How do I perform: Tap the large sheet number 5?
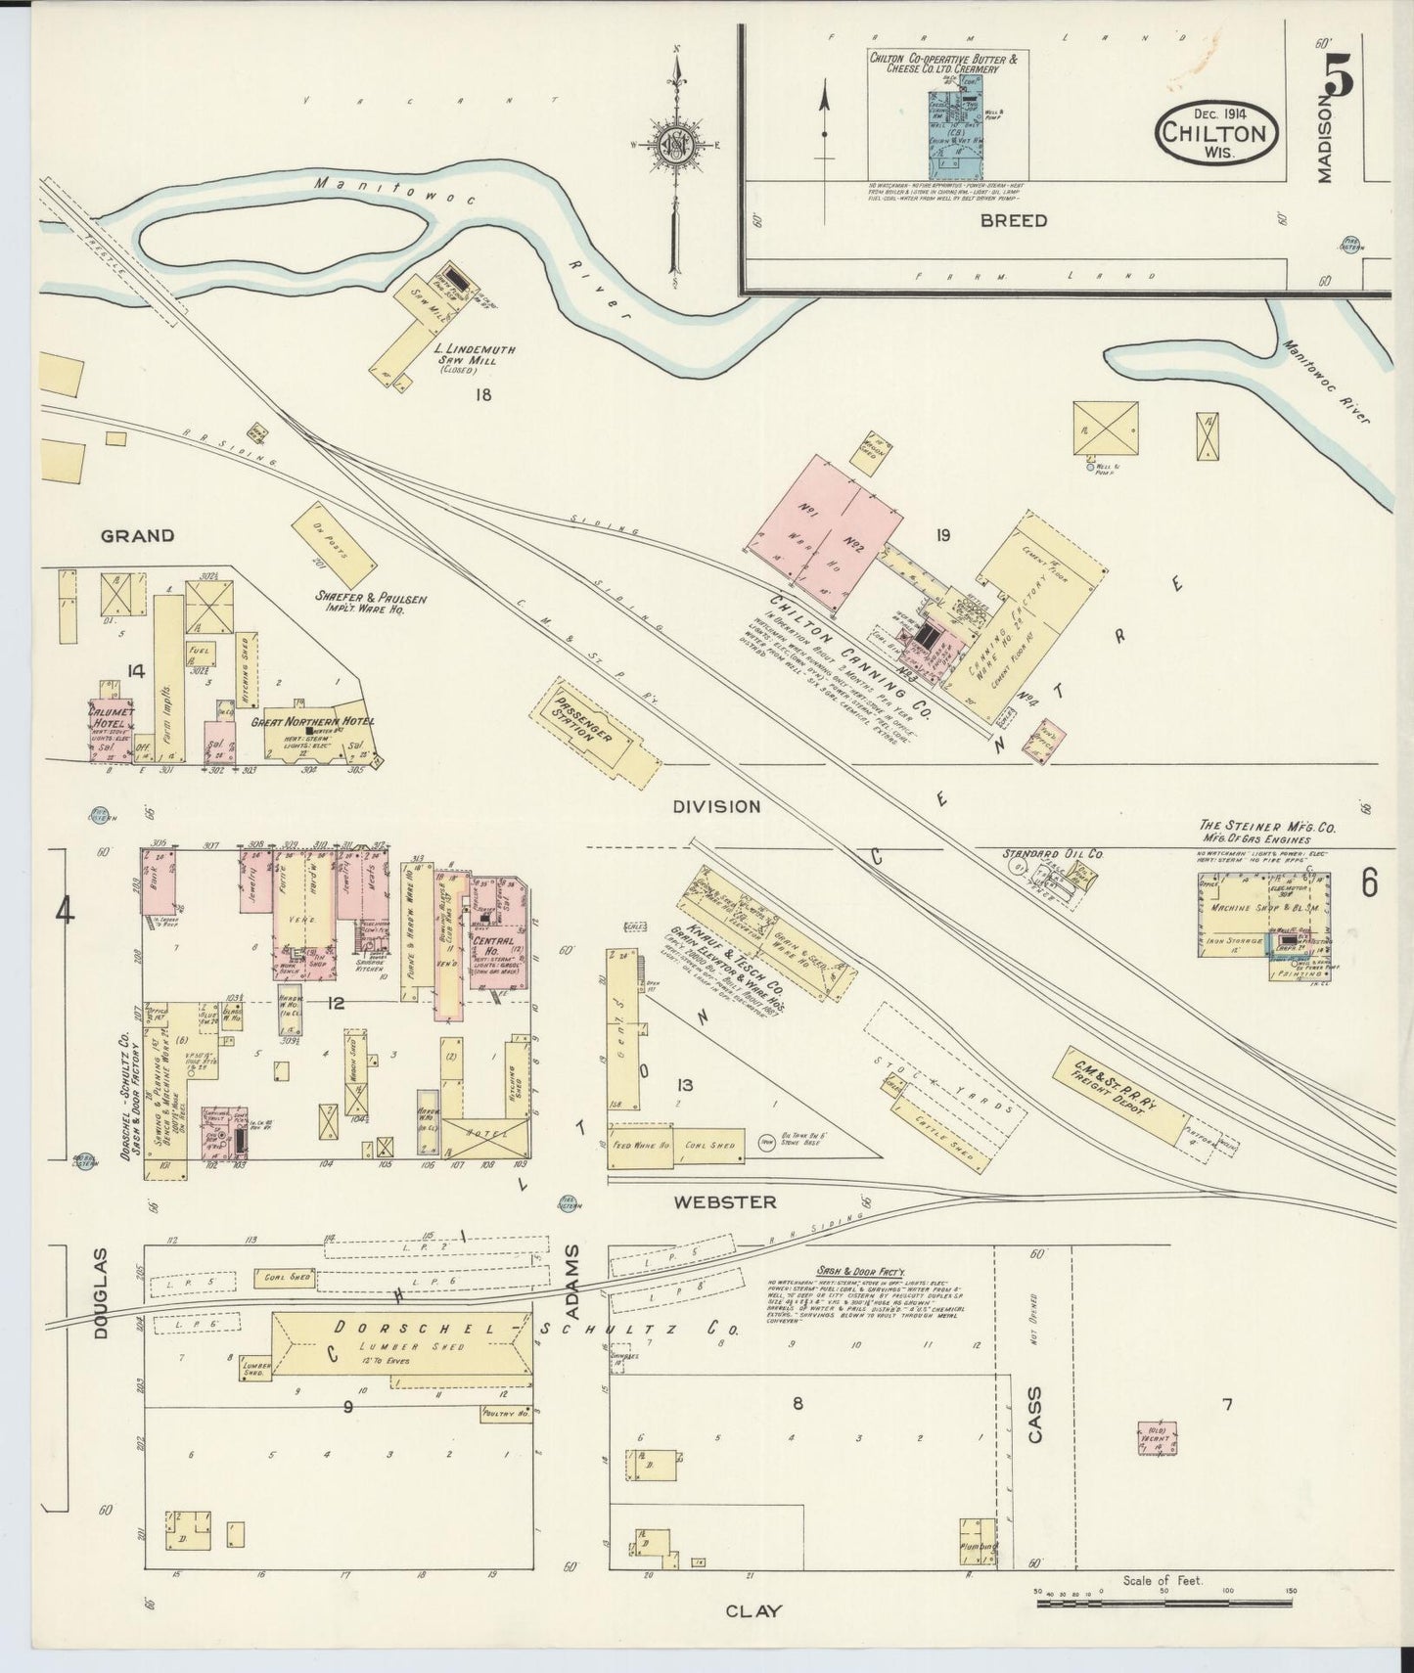click(x=1340, y=76)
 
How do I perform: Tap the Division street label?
click(x=715, y=806)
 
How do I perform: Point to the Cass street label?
click(x=1035, y=1415)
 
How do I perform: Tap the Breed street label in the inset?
click(x=1013, y=220)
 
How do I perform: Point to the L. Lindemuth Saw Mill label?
click(x=475, y=354)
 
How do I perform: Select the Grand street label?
click(x=138, y=535)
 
